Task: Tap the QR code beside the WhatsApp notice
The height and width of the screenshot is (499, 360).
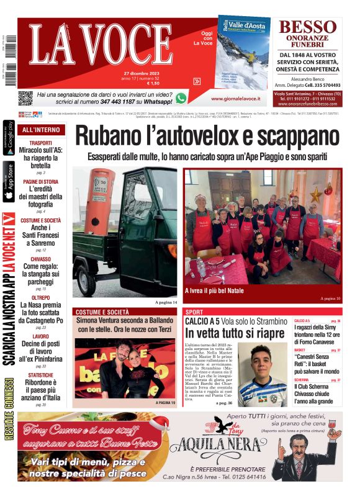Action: [25, 97]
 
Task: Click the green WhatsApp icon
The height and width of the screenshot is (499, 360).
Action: [181, 98]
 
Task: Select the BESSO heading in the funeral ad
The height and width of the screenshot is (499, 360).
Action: [307, 27]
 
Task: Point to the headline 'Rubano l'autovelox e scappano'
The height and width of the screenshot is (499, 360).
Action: [208, 136]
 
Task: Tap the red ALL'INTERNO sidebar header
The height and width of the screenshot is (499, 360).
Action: [41, 130]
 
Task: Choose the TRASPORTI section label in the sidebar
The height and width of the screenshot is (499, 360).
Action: [41, 143]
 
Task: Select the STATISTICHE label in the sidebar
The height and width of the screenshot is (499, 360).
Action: [41, 375]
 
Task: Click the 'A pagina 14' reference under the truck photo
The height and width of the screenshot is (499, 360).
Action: [166, 302]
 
